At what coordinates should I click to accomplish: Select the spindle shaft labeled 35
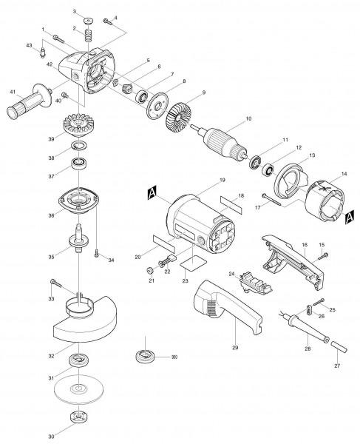[78, 243]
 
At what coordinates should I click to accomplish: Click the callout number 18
[241, 196]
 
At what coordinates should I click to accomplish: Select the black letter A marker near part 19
[152, 195]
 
